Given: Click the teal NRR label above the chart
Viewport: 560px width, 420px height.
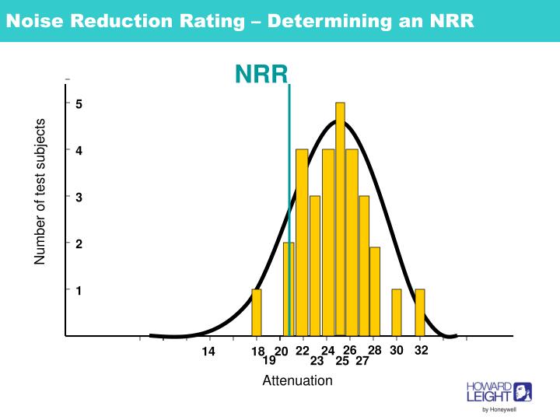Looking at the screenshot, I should click(261, 74).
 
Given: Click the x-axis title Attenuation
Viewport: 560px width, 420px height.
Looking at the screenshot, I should click(297, 381).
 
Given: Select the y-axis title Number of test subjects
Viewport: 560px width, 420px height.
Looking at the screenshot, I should click(40, 191).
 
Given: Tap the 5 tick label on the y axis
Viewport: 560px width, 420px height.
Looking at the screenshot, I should click(79, 103).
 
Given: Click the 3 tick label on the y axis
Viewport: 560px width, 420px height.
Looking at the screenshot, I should click(79, 198).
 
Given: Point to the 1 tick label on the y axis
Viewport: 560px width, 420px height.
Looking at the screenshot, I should click(79, 290).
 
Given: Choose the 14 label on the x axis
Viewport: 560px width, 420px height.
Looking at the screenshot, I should click(208, 352).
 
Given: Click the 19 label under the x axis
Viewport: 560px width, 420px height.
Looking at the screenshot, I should click(269, 361).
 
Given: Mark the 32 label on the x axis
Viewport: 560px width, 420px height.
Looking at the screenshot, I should click(422, 351).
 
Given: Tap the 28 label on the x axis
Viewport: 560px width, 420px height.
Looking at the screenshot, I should click(375, 351).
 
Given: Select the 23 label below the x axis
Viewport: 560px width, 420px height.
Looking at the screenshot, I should click(317, 361).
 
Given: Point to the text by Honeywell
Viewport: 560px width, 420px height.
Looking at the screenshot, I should click(499, 409).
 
